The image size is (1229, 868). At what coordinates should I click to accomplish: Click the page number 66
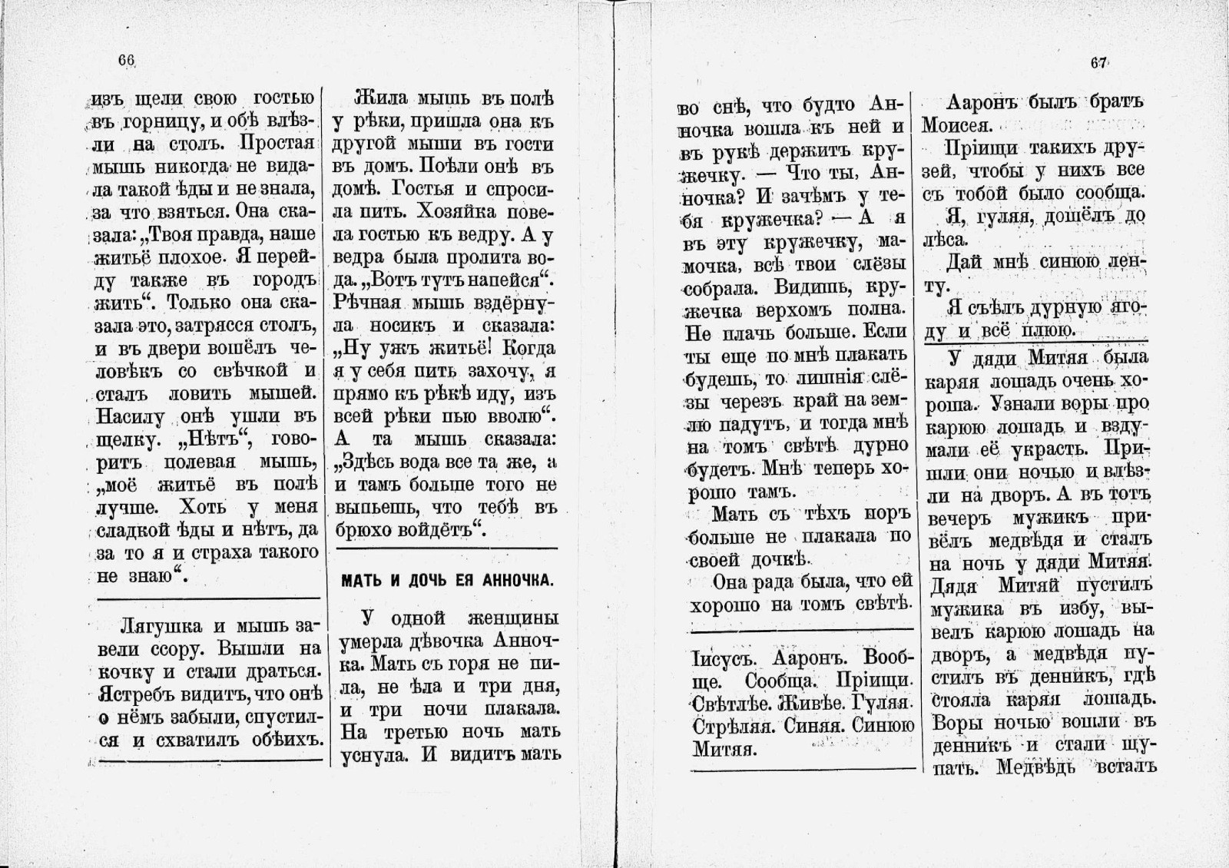(127, 61)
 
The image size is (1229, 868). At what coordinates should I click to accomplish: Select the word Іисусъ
(724, 658)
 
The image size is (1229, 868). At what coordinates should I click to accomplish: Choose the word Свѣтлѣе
(730, 704)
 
